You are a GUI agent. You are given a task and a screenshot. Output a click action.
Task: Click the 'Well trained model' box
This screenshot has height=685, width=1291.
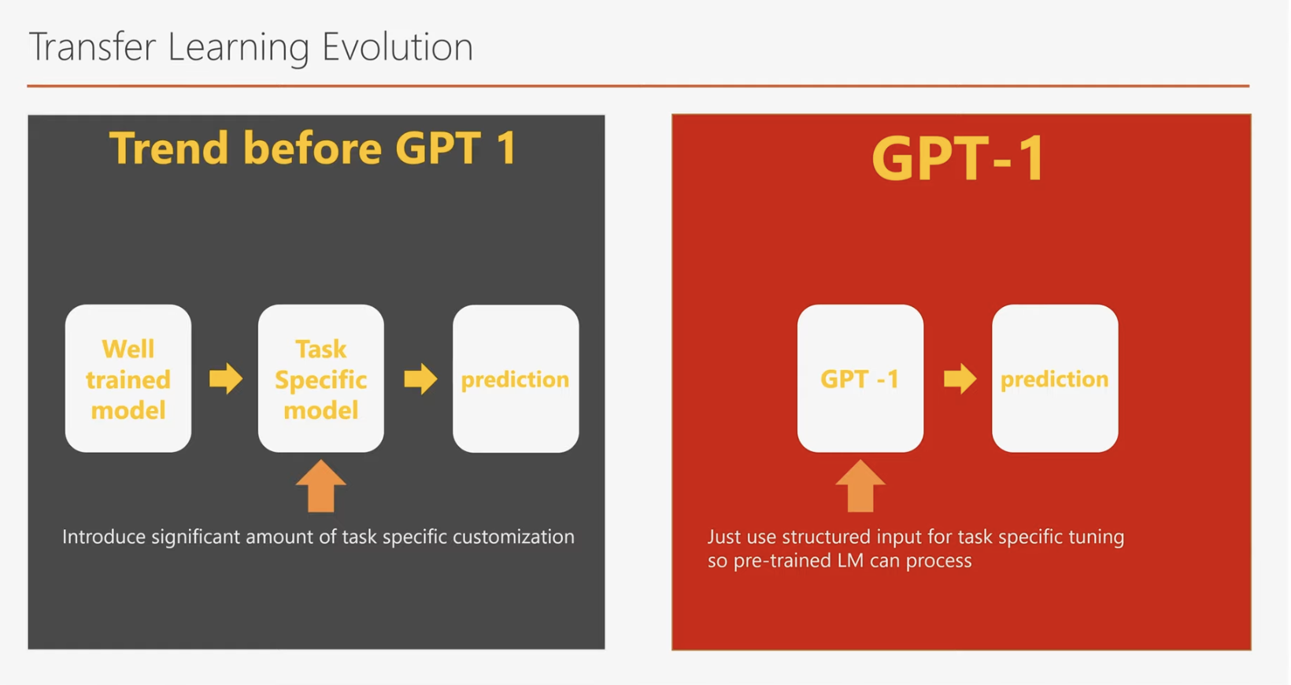[x=128, y=378]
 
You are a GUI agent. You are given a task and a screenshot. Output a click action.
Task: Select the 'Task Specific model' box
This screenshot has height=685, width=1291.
[x=321, y=378]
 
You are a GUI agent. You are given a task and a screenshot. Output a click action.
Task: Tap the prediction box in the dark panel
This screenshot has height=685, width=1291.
[x=516, y=378]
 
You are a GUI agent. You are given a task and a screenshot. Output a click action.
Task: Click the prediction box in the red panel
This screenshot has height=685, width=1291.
[x=1056, y=378]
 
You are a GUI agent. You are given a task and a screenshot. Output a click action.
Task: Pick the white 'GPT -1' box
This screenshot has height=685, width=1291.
[x=860, y=378]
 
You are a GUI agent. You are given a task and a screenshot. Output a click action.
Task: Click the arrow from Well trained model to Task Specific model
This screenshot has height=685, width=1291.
[x=226, y=379]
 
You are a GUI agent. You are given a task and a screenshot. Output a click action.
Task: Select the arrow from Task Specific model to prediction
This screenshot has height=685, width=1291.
[x=420, y=379]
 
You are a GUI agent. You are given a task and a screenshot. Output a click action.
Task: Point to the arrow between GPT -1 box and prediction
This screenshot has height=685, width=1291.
[x=960, y=379]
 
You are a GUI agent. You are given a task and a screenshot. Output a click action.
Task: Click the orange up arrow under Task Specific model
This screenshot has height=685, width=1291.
[x=321, y=486]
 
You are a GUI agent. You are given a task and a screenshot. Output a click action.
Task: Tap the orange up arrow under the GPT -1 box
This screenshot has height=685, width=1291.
[x=860, y=486]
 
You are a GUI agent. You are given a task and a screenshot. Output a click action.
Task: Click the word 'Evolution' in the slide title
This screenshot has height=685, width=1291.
[x=398, y=46]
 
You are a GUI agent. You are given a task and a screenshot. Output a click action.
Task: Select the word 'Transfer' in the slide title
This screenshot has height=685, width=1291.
[x=92, y=46]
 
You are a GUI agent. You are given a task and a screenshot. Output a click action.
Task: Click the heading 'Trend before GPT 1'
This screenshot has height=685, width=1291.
[x=313, y=148]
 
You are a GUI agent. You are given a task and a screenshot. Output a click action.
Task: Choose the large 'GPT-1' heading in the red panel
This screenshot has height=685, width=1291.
[x=959, y=158]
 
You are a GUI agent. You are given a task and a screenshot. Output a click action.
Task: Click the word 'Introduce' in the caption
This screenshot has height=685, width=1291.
[x=104, y=537]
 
